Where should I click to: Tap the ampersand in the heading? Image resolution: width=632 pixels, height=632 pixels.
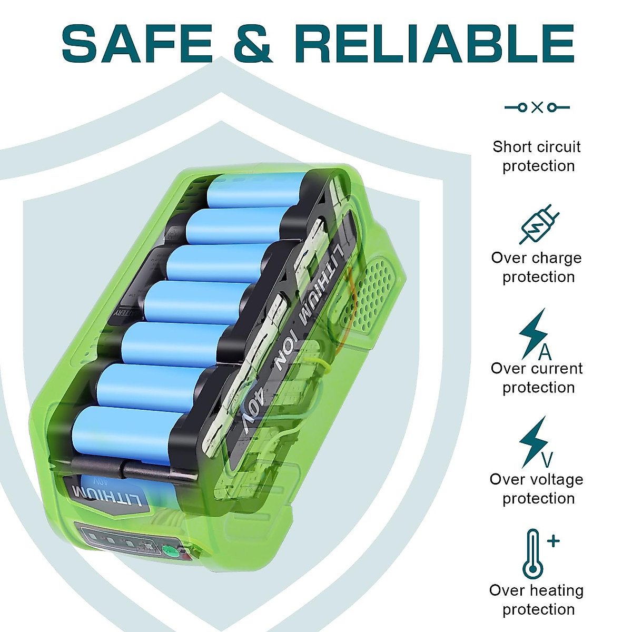coord(252,43)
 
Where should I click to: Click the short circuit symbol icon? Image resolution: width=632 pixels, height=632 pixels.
coord(537,107)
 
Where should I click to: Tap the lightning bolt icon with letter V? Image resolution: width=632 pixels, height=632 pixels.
coord(535,442)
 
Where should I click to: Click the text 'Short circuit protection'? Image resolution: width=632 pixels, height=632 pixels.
coord(537,156)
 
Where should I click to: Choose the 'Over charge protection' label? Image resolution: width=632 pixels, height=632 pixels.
coord(537,267)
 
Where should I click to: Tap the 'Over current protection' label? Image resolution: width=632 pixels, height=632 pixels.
coord(537,378)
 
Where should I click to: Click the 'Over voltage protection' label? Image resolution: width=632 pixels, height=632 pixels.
coord(537,489)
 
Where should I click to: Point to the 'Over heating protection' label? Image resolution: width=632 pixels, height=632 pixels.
coord(537,599)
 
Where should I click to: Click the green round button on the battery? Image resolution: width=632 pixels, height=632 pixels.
coord(170,551)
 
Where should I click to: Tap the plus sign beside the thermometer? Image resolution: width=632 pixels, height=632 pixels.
coord(553,541)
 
